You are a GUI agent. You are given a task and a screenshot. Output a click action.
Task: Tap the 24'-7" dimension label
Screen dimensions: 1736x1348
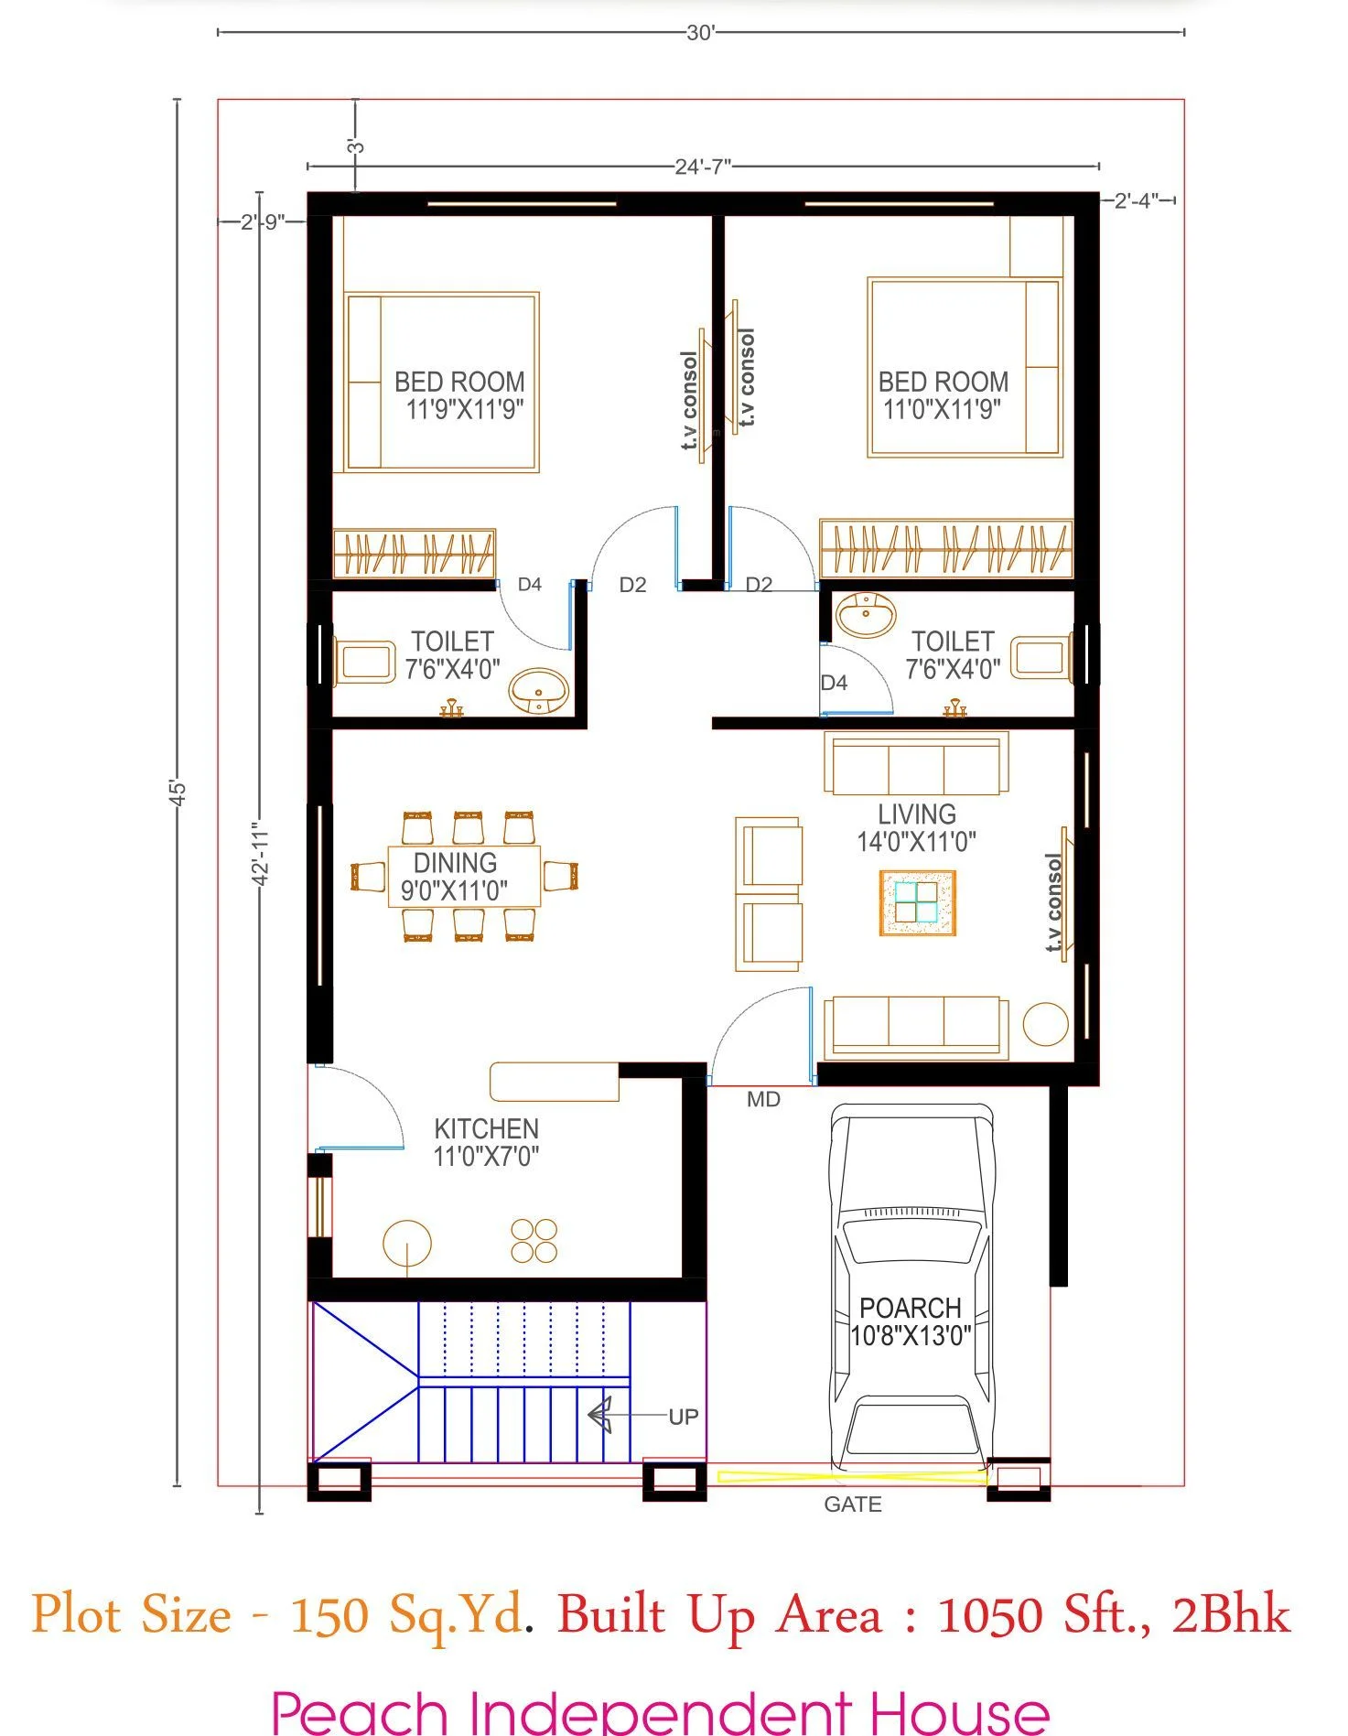(x=702, y=167)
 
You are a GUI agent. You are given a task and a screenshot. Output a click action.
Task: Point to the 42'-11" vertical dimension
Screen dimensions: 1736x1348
(x=261, y=853)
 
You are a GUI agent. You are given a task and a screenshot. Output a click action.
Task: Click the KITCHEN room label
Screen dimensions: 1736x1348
(x=486, y=1129)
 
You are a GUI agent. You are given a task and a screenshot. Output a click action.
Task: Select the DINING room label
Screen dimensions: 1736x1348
(x=455, y=863)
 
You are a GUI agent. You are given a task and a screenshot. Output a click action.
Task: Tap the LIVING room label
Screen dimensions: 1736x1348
(x=917, y=814)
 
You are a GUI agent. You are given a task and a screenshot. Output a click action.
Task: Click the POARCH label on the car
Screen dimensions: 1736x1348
(x=910, y=1308)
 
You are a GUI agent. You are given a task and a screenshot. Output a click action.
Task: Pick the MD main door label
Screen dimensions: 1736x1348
(x=763, y=1099)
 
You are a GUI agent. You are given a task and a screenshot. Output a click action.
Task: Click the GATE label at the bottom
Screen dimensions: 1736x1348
(x=852, y=1504)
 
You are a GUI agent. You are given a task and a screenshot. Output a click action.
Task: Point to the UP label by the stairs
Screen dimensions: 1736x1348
(x=683, y=1417)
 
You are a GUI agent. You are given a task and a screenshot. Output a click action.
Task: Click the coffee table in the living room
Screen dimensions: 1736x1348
(x=917, y=903)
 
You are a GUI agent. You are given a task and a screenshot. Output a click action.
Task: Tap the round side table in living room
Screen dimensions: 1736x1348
(x=1045, y=1023)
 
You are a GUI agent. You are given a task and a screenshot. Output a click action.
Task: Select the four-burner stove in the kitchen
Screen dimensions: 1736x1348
(x=534, y=1241)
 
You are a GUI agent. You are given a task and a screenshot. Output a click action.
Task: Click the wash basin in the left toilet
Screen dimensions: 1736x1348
(x=538, y=689)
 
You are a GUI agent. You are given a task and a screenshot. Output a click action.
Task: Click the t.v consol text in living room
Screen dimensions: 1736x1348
(x=1053, y=902)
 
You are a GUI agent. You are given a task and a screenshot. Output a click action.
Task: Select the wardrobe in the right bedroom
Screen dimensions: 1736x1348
(x=945, y=549)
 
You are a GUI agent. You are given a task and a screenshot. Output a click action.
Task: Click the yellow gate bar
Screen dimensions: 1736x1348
(x=851, y=1476)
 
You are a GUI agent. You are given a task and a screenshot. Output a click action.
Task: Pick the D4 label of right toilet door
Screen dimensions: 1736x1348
(x=834, y=683)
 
